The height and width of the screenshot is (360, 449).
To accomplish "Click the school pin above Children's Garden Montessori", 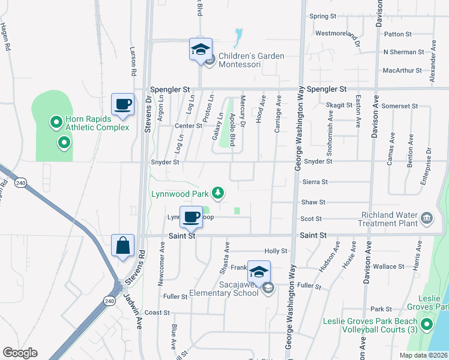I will pos(200,50).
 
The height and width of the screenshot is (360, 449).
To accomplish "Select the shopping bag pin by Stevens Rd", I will pos(122,246).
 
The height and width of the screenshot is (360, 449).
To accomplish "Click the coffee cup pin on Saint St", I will pos(191,217).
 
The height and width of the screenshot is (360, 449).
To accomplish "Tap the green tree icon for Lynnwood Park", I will pos(220,193).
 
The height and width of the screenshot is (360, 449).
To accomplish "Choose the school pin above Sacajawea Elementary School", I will pos(259,272).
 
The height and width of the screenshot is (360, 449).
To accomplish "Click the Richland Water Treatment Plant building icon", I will pos(427,217).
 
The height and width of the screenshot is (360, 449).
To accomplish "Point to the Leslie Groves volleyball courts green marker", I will pos(427,325).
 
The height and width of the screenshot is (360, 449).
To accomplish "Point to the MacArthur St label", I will pos(402,70).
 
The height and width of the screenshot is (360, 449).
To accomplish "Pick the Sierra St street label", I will pos(315,182).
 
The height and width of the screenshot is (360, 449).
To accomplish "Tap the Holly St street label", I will pos(276,251).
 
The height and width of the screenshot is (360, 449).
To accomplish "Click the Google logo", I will pos(20,353).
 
